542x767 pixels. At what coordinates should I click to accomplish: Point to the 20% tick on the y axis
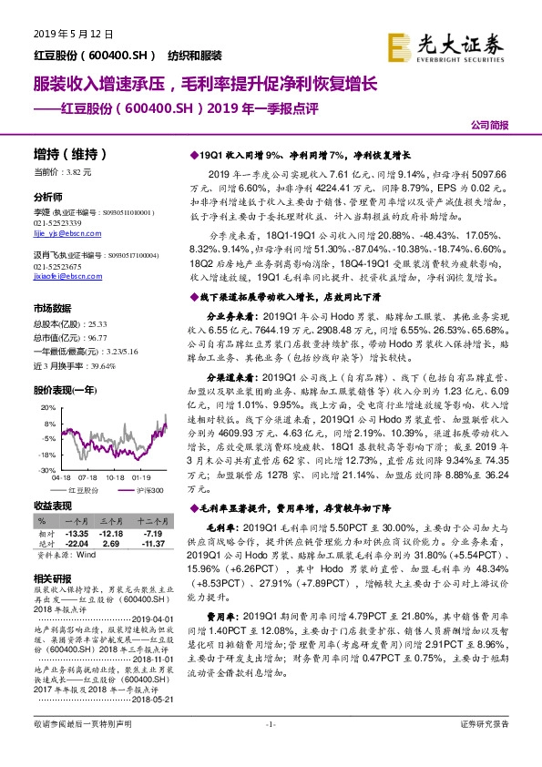[49, 397]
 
